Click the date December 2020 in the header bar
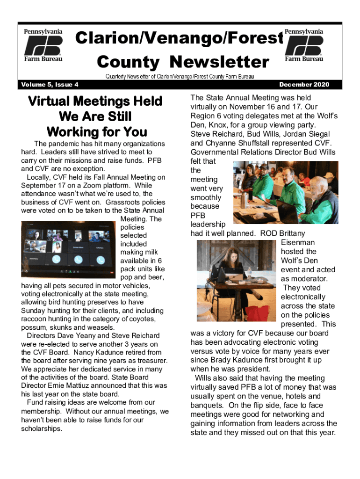click(x=304, y=85)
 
